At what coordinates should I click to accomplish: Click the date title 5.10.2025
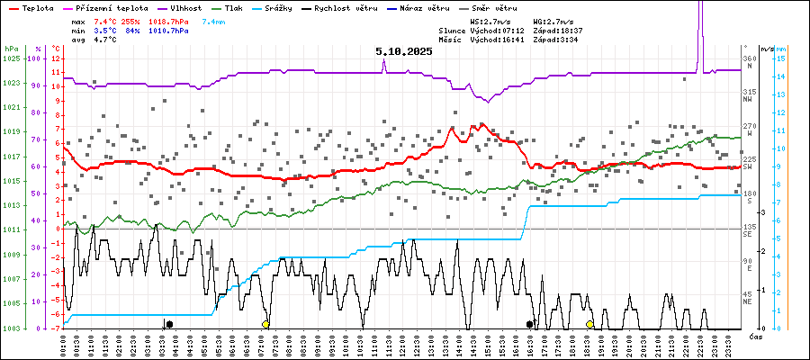point(404,51)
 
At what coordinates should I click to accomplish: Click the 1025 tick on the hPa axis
point(12,58)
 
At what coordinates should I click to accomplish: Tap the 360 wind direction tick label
point(749,58)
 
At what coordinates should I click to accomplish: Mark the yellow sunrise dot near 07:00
point(265,324)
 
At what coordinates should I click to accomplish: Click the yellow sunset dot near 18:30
point(589,324)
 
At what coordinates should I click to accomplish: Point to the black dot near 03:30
point(169,324)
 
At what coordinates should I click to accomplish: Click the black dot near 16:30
point(530,324)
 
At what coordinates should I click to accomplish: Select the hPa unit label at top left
point(11,49)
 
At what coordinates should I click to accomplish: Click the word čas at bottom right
point(756,336)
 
